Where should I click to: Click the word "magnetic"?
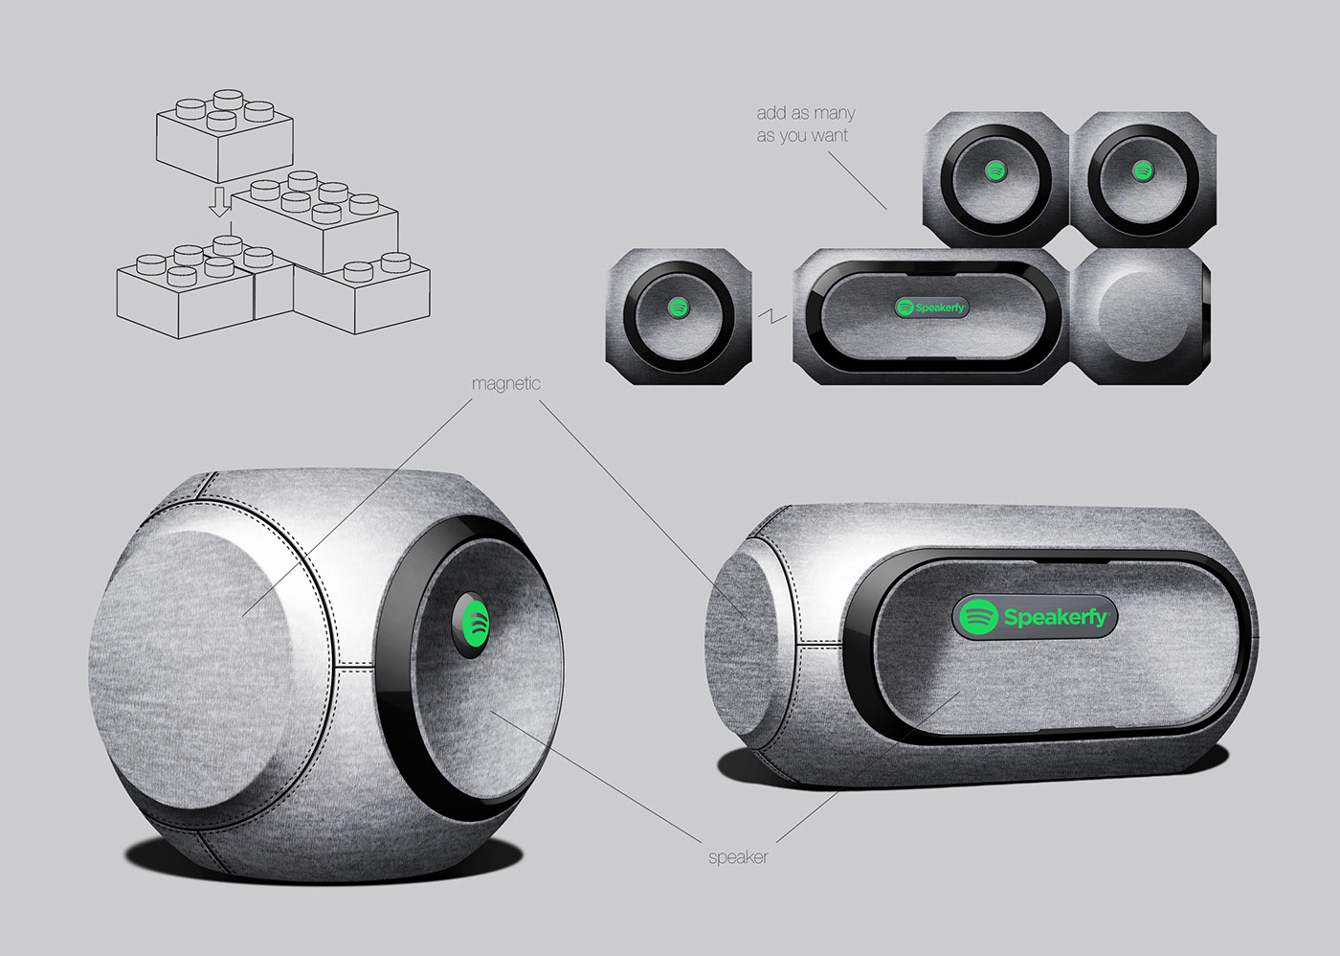[505, 383]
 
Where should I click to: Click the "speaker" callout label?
[737, 856]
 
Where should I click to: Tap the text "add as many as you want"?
[805, 125]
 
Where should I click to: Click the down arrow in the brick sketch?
[220, 202]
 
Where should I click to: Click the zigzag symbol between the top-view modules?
[772, 315]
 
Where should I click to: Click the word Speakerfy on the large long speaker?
[1055, 617]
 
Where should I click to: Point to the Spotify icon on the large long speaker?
[978, 616]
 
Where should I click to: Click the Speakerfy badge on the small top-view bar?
[930, 307]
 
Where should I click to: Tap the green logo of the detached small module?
[678, 307]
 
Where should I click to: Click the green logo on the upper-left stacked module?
[995, 171]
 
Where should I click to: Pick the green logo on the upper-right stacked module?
[1142, 171]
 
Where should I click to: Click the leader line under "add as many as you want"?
[858, 180]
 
